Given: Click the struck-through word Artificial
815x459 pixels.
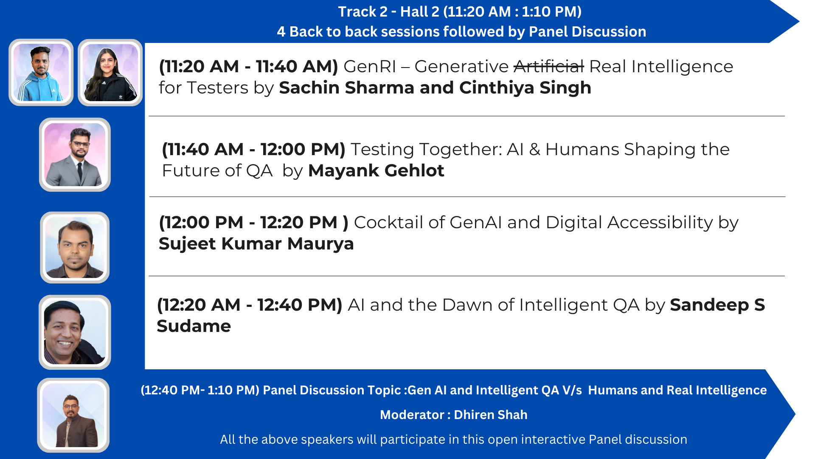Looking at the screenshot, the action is click(548, 66).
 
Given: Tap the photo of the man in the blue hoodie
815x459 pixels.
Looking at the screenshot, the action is click(41, 72).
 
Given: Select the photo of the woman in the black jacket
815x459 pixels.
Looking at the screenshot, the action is click(110, 72).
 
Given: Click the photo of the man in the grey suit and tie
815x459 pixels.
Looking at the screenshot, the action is click(75, 155).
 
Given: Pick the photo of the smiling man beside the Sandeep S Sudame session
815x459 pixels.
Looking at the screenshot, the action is click(75, 332).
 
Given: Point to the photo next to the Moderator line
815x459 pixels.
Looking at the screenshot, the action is click(73, 415).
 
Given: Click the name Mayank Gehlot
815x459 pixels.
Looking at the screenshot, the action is click(376, 170).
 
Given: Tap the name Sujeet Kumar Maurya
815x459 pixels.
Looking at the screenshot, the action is click(256, 244).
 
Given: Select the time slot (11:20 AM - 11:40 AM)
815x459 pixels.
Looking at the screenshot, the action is click(248, 66).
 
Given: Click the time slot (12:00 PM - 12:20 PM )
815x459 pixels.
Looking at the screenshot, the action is click(253, 222).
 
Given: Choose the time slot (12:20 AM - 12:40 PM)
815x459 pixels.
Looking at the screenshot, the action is click(250, 305).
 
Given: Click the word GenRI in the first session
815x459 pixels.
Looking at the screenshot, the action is click(370, 66).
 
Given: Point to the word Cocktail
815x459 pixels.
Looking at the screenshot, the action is click(388, 222).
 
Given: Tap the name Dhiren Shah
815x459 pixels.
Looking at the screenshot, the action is click(491, 415).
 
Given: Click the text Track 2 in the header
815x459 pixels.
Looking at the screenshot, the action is click(363, 11).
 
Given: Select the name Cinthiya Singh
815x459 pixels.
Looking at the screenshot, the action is click(525, 88).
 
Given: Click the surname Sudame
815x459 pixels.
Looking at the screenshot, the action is click(194, 326).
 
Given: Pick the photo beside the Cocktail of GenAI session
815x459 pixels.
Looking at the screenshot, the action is click(75, 247).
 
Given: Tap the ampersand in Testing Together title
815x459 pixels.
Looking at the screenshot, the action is click(534, 150).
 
